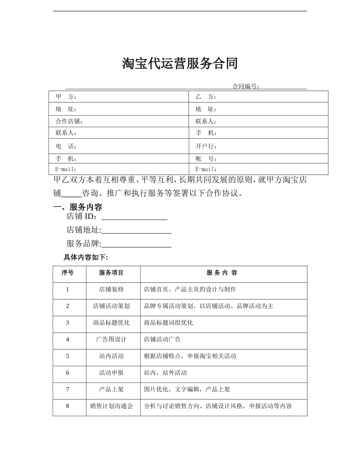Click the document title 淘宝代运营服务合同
180,63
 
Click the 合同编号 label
246,86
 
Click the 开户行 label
206,146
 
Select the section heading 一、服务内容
78,207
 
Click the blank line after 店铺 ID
135,217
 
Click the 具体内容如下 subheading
86,258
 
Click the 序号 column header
67,273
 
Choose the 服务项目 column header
111,273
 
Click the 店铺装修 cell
111,289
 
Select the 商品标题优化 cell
111,323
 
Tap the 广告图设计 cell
111,339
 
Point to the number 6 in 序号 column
67,373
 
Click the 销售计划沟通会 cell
111,406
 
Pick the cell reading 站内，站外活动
165,373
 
